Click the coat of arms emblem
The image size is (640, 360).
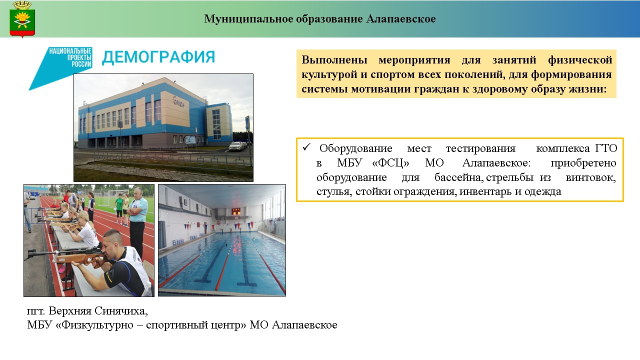tap(22, 19)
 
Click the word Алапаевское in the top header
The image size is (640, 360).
tap(401, 19)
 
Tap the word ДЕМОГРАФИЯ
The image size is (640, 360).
tap(158, 57)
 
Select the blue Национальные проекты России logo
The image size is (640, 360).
tap(60, 68)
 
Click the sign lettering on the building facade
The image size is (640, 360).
tap(178, 101)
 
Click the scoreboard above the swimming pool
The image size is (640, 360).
tap(236, 211)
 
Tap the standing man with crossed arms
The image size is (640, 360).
tap(138, 223)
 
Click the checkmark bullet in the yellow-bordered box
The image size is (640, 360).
tap(306, 147)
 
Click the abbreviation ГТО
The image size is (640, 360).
tap(606, 148)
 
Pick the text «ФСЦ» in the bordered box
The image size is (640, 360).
tap(390, 163)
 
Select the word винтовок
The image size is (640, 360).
tap(590, 177)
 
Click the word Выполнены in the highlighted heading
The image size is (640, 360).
tap(334, 60)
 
